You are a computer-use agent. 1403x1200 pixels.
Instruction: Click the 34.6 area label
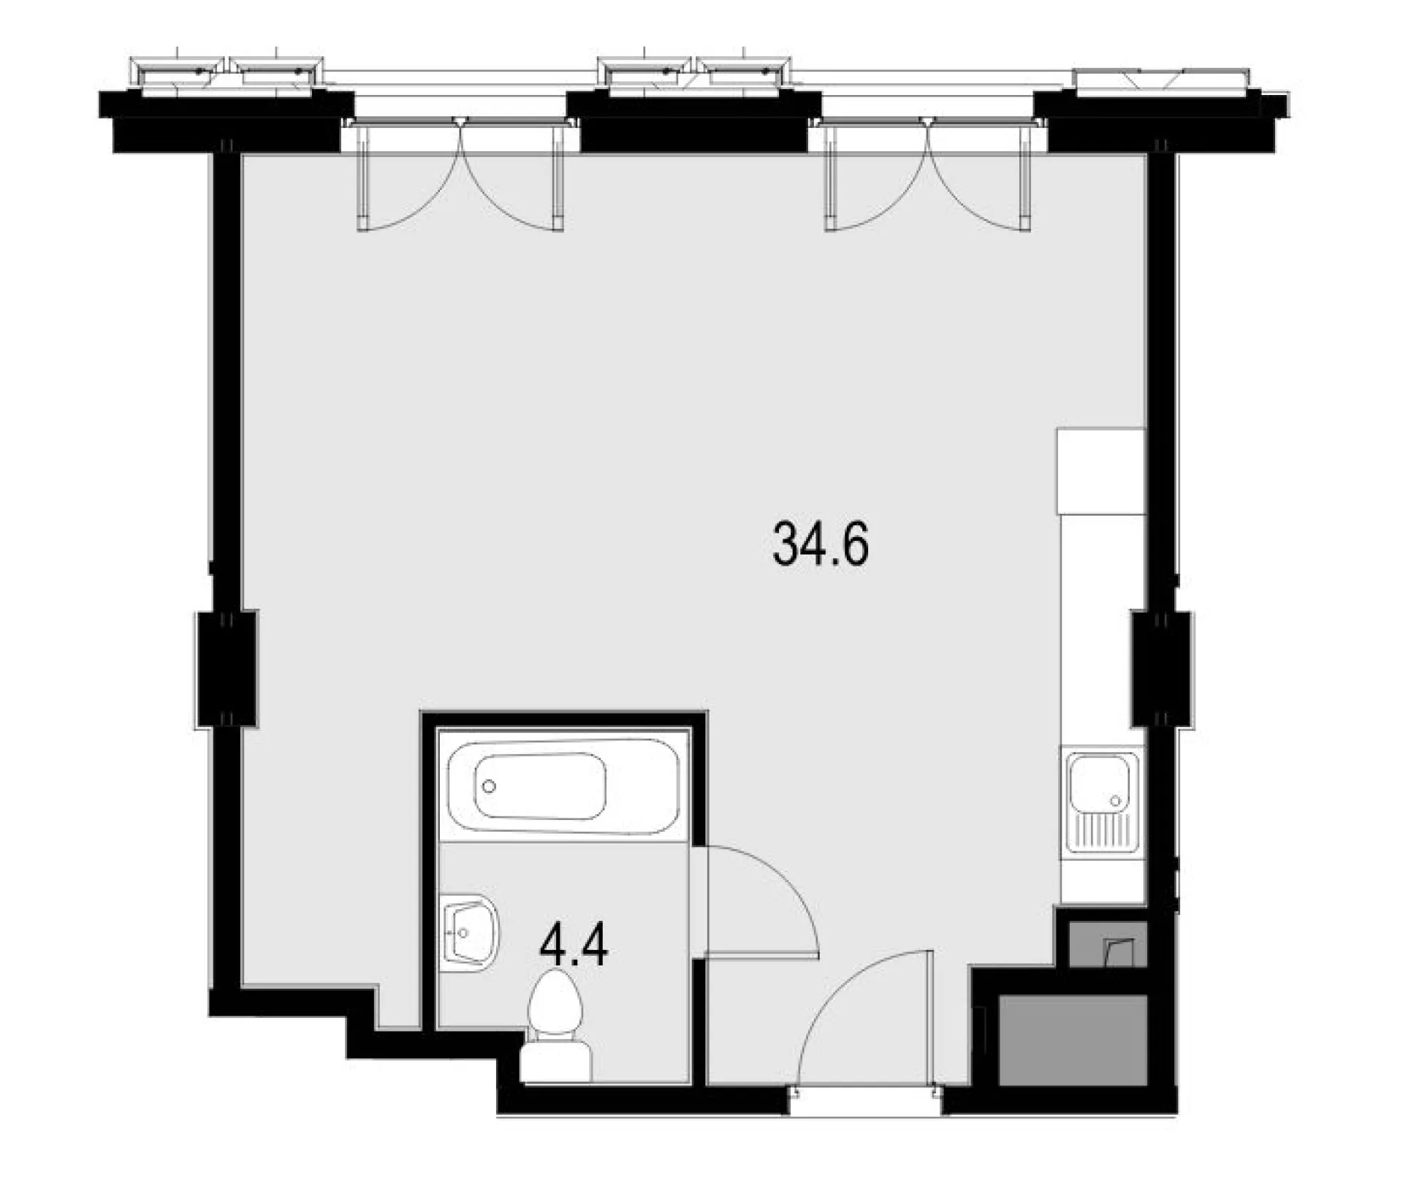pyautogui.click(x=821, y=544)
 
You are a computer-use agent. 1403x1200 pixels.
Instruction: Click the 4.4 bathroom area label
pyautogui.click(x=574, y=948)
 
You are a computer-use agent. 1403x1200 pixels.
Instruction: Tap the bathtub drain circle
pyautogui.click(x=489, y=786)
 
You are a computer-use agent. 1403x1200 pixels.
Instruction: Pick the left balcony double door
pyautogui.click(x=460, y=175)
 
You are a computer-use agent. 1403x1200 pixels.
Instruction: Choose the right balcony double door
pyautogui.click(x=928, y=175)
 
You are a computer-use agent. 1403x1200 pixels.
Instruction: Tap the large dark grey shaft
pyautogui.click(x=1071, y=1041)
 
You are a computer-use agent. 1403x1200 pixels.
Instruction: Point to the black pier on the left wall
pyautogui.click(x=227, y=669)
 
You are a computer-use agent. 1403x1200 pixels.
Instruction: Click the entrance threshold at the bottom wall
pyautogui.click(x=866, y=1102)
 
